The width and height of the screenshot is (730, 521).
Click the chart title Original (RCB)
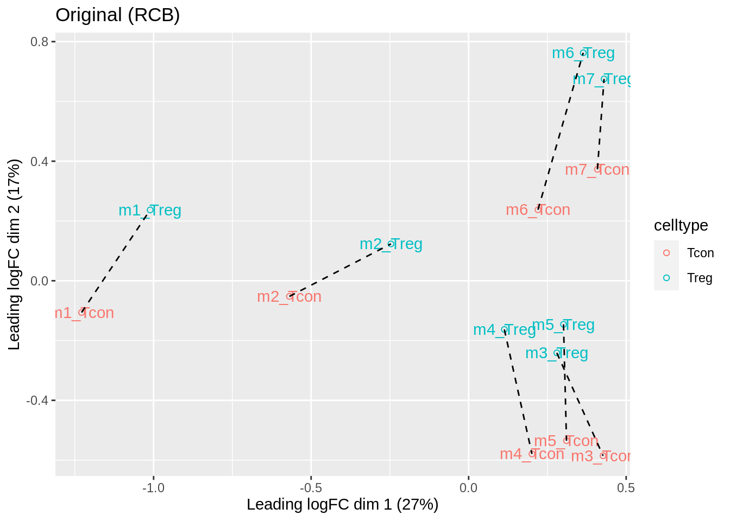pos(117,15)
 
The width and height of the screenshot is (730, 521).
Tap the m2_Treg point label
pos(391,244)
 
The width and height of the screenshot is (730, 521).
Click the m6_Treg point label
pos(583,53)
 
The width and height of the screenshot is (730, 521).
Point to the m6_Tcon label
pos(538,210)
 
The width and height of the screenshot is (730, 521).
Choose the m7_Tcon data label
pos(597,170)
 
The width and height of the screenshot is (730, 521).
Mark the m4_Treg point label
pos(504,330)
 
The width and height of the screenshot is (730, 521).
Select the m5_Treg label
pos(563,325)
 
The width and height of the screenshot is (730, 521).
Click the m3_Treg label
pos(556,353)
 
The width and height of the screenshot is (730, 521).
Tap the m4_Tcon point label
pos(532,454)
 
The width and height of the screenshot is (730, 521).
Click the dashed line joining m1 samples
pos(116,261)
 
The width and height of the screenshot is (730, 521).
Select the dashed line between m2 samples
pos(340,270)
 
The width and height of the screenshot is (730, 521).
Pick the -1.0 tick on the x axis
pos(153,487)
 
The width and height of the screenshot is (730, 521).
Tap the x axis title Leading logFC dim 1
pos(342,505)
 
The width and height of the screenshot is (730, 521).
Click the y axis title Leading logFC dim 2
pos(15,254)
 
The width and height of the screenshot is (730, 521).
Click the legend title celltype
pos(681,225)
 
